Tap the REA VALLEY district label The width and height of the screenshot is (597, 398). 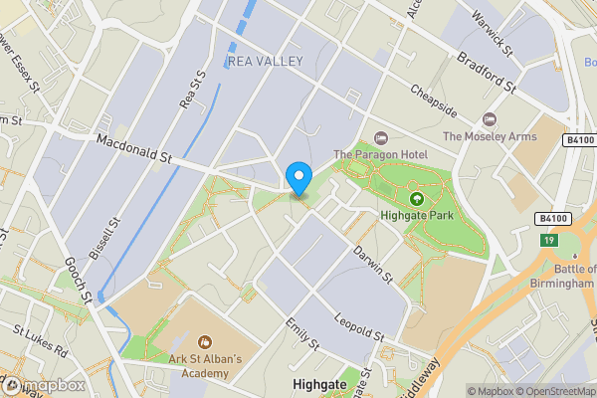click(265, 62)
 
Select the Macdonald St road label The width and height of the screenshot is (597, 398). click(134, 149)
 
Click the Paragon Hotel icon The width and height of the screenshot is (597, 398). click(378, 137)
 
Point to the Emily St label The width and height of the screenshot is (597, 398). click(300, 334)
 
